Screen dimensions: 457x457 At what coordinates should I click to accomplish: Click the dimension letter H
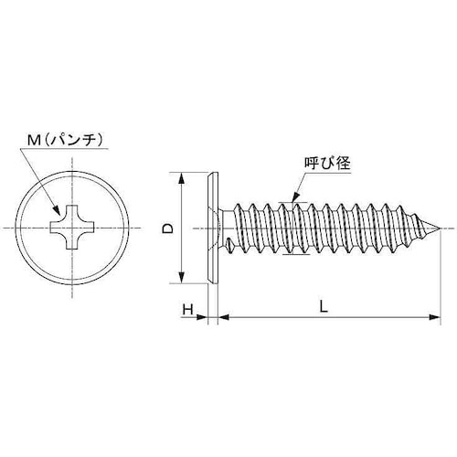pos(187,309)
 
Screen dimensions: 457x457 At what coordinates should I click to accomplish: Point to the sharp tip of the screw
pos(439,228)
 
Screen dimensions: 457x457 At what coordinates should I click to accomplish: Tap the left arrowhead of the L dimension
pos(220,317)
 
